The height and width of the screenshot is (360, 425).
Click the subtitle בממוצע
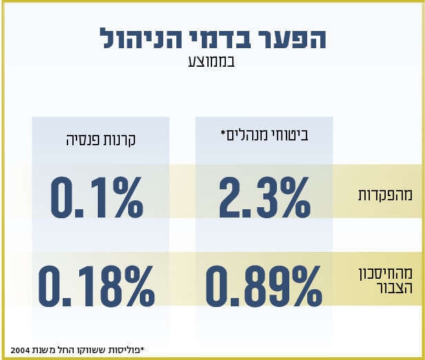point(211,61)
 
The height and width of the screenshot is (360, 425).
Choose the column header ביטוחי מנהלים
point(264,136)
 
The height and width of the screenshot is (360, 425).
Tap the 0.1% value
point(97,197)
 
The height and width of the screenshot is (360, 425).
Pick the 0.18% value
point(96,286)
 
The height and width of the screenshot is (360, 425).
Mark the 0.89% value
point(263,286)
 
